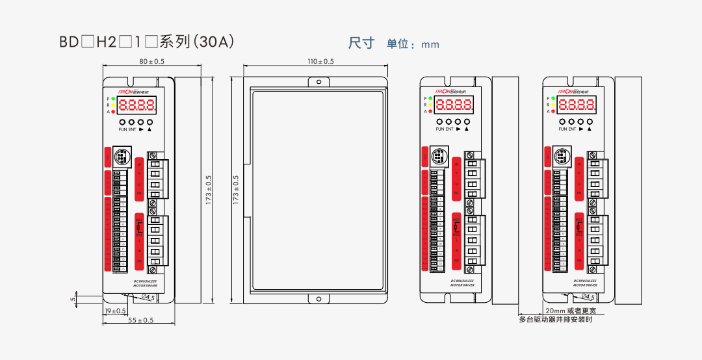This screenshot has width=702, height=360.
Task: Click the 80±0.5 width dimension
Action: point(152,62)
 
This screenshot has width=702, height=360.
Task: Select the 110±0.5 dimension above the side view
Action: point(320,62)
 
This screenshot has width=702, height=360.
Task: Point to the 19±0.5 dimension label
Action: point(116,311)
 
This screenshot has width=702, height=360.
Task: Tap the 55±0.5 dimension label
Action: point(140,320)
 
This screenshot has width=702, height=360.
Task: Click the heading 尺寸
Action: point(361,44)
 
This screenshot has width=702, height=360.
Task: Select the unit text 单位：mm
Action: point(413,45)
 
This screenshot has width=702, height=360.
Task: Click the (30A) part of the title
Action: point(214,42)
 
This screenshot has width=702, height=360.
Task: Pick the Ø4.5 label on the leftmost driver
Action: point(148,298)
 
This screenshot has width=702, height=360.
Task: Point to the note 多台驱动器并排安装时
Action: point(556,319)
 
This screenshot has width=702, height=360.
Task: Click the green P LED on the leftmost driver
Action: point(114,98)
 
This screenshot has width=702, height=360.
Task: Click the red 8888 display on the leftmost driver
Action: point(138,105)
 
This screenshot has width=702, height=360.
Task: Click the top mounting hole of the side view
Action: point(318,83)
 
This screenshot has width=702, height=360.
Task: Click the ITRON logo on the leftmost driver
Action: point(135,83)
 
